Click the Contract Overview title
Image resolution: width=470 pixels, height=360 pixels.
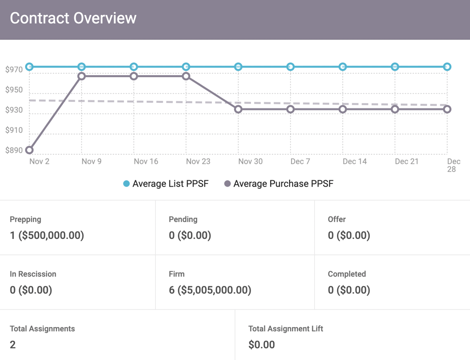73,18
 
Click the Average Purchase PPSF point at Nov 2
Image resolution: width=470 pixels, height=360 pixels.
30,150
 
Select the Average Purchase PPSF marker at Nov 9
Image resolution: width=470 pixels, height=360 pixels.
82,76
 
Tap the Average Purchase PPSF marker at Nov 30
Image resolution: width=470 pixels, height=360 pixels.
238,109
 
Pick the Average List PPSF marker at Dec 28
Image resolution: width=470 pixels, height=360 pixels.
447,67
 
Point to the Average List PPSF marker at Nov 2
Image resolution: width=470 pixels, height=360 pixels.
30,67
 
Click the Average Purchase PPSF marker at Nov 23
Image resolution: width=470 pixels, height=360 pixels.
186,76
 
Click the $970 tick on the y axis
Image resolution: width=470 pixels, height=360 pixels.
14,70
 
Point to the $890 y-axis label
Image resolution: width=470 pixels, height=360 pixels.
14,151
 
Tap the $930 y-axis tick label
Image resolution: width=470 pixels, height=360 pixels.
14,110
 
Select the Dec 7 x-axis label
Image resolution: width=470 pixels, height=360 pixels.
300,162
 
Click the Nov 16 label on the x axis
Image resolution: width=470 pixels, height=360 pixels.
146,162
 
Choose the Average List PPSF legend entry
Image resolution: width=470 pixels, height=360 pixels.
166,184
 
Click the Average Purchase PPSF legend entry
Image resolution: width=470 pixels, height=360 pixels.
279,184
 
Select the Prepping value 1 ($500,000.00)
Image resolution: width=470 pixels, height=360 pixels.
47,235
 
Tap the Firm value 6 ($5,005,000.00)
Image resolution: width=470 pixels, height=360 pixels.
210,290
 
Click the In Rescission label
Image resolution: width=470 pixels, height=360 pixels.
33,274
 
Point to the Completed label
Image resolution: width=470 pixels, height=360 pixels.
347,274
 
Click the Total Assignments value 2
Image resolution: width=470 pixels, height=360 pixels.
13,345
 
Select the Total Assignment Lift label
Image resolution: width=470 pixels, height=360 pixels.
286,329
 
